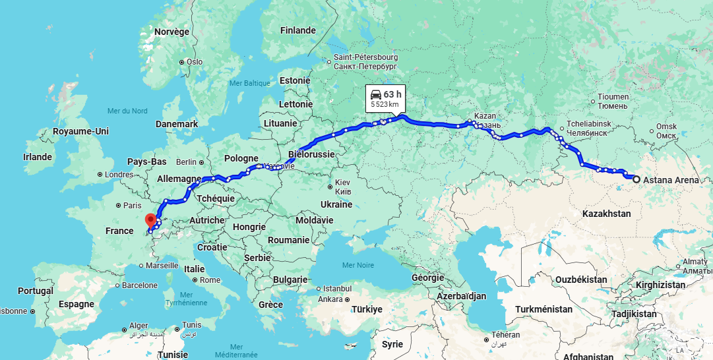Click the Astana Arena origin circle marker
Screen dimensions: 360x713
636,179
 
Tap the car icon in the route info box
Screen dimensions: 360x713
376,94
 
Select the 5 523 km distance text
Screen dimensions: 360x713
385,104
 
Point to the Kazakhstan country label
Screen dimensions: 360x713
607,214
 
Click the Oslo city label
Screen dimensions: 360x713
194,62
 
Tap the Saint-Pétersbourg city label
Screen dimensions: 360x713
365,57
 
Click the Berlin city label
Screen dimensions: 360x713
187,162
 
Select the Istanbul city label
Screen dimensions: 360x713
337,289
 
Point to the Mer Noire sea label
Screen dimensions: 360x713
358,265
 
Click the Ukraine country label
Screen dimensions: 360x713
336,204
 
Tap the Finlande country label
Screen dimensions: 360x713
298,30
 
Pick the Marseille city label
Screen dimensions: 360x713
162,265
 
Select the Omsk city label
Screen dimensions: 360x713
667,127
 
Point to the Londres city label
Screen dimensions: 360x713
119,175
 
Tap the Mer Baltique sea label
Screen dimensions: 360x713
249,83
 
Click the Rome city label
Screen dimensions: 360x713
210,280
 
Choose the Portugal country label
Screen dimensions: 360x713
36,291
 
